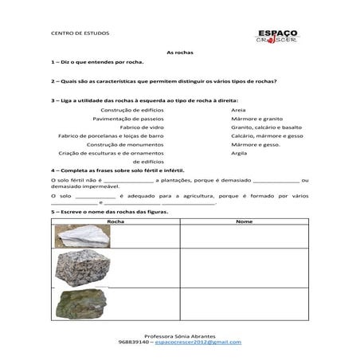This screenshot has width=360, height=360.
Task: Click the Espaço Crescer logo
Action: pyautogui.click(x=276, y=37)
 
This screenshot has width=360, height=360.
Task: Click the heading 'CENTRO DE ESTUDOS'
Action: pyautogui.click(x=80, y=34)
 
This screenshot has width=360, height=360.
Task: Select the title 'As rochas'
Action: pyautogui.click(x=180, y=52)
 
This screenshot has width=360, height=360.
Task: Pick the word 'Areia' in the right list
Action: pyautogui.click(x=238, y=109)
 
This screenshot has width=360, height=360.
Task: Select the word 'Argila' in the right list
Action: pyautogui.click(x=239, y=153)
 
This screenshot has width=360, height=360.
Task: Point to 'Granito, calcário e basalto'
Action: pyautogui.click(x=266, y=127)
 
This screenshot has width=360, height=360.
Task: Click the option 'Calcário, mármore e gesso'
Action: pyautogui.click(x=267, y=135)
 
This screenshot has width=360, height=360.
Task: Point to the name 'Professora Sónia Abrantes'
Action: pyautogui.click(x=180, y=335)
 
